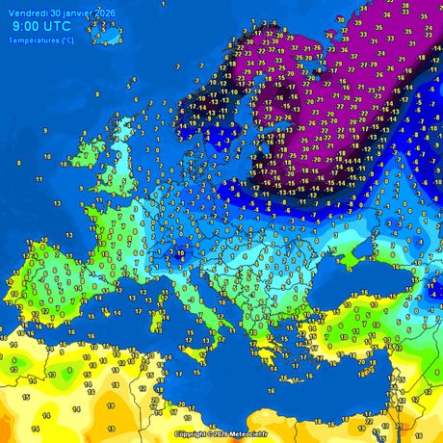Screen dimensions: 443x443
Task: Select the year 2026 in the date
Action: pyautogui.click(x=102, y=11)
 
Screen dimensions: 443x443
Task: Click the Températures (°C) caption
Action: pyautogui.click(x=40, y=39)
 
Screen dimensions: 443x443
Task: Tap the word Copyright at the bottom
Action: pyautogui.click(x=192, y=434)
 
